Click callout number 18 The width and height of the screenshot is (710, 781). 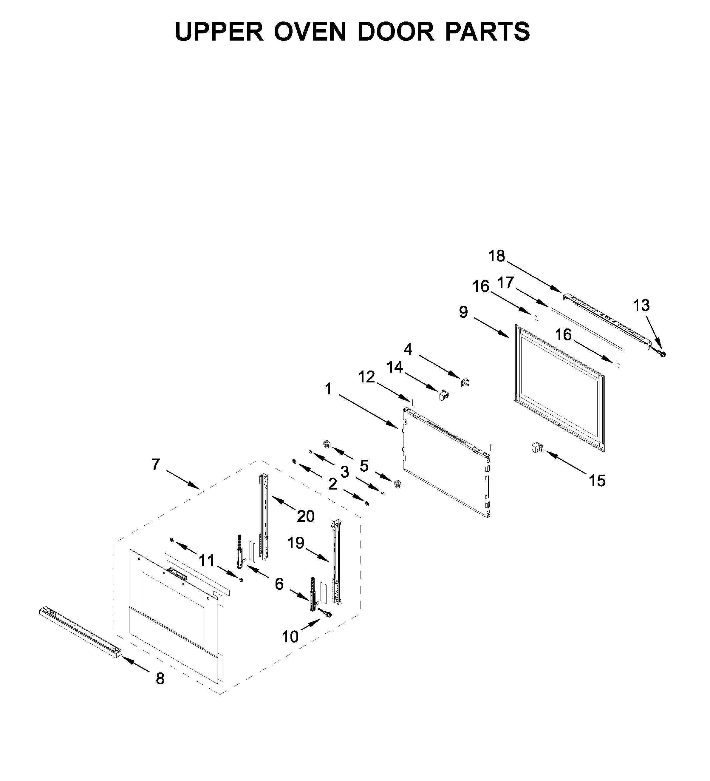tap(496, 256)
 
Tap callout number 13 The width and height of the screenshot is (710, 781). tap(641, 306)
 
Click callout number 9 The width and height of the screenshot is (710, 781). tap(464, 312)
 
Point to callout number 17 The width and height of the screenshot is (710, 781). tap(505, 283)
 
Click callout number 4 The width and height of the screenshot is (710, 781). tap(408, 349)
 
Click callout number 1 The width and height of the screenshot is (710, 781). tap(329, 389)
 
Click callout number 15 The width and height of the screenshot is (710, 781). tap(597, 481)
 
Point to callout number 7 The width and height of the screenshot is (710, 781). tap(156, 464)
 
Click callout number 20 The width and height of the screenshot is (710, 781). tap(306, 516)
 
